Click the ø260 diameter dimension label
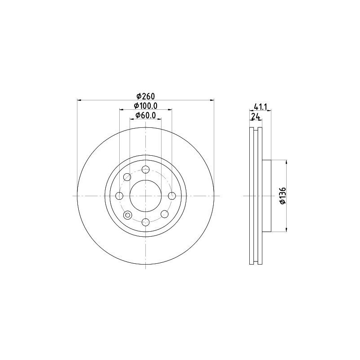click(145, 96)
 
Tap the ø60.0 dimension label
click(145, 115)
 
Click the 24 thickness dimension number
click(255, 116)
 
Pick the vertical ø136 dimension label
click(282, 196)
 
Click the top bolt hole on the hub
click(145, 170)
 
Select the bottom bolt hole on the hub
click(145, 221)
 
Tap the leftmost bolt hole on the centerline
click(120, 196)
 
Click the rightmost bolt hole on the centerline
click(171, 196)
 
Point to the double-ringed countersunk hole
click(127, 215)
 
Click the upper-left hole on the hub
click(127, 177)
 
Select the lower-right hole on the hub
click(164, 214)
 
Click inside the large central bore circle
click(145, 196)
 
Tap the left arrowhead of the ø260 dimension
click(79, 100)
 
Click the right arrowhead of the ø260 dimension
click(211, 100)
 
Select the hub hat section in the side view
click(267, 196)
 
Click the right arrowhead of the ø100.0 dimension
click(170, 109)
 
